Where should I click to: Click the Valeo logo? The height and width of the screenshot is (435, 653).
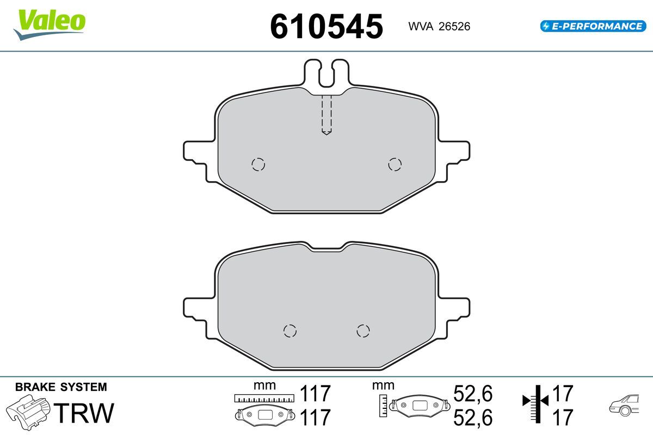click(50, 24)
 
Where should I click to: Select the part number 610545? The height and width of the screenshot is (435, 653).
click(326, 27)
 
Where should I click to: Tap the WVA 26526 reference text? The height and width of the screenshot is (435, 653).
click(439, 27)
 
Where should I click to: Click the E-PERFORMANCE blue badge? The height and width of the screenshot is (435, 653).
click(593, 26)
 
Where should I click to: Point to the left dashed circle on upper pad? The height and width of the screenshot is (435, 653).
click(258, 164)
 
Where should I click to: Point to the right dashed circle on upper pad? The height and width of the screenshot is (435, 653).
click(395, 164)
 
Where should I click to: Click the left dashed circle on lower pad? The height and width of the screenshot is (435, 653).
click(289, 331)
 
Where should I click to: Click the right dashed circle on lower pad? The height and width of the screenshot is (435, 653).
click(364, 331)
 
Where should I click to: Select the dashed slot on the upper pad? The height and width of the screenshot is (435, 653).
click(326, 115)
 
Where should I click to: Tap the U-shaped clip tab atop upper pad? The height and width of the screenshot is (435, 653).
click(326, 73)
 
